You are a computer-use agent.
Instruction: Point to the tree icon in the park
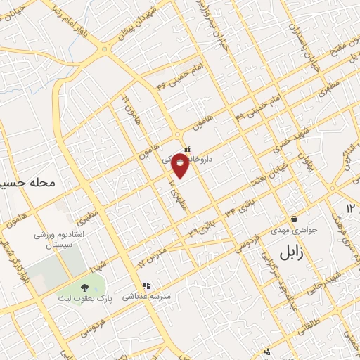[x=85, y=287]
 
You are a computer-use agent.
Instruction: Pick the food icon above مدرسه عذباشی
[x=146, y=286]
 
